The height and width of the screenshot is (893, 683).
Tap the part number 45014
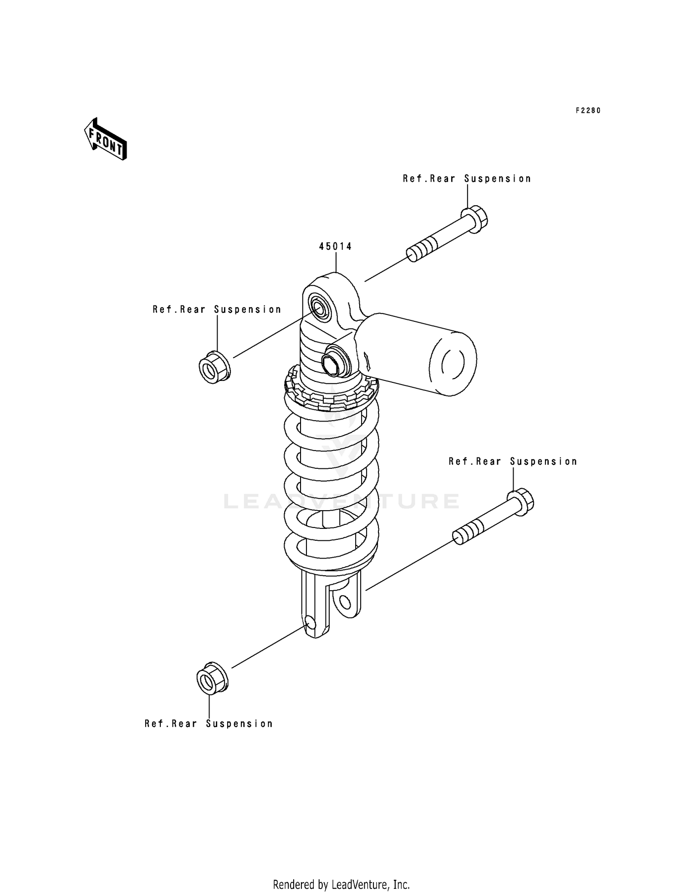click(335, 247)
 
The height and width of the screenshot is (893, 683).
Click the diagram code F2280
click(588, 111)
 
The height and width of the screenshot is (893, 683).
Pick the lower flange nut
click(212, 679)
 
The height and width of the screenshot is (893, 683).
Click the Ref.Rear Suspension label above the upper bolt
click(467, 179)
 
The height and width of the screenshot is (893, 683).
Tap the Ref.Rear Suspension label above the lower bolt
click(513, 462)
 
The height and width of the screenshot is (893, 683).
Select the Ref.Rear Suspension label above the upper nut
click(217, 310)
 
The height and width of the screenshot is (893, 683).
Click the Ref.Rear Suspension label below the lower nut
click(209, 724)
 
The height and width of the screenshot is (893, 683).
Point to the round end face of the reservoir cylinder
click(453, 363)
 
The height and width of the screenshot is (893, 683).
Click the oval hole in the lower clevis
click(345, 604)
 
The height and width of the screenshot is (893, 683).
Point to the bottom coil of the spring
click(331, 555)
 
